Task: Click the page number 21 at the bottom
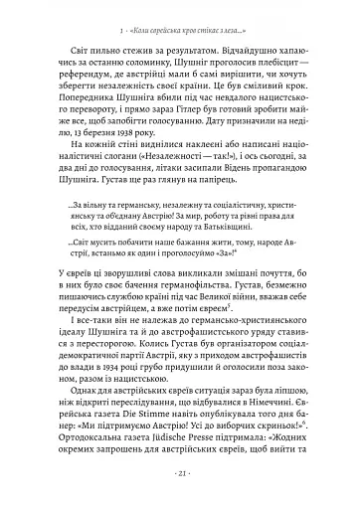180,478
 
